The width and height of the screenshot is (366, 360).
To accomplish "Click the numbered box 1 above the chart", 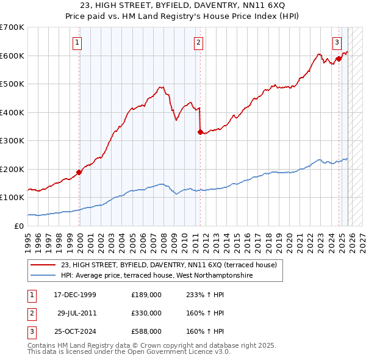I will tap(78, 42).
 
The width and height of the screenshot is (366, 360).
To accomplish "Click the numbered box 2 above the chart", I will tap(199, 42).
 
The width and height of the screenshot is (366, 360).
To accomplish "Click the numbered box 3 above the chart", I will tap(337, 42).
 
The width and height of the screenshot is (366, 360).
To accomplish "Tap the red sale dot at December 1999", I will tap(79, 172).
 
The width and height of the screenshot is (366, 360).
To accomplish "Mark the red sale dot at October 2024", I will tap(339, 59).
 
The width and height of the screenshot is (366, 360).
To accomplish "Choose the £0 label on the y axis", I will tap(18, 226).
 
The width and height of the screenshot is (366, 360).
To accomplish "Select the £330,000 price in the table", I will tap(146, 313).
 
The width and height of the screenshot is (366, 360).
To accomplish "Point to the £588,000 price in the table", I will tap(146, 331).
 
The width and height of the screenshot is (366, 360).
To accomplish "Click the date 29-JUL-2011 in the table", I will tap(74, 313).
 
